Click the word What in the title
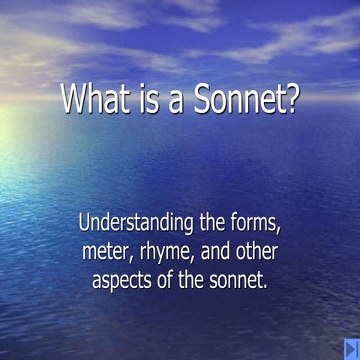(94, 100)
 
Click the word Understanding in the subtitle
(136, 224)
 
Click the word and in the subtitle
(220, 253)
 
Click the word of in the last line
(169, 281)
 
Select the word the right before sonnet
(196, 281)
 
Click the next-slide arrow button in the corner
(352, 349)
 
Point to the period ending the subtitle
(266, 288)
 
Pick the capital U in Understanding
(84, 223)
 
